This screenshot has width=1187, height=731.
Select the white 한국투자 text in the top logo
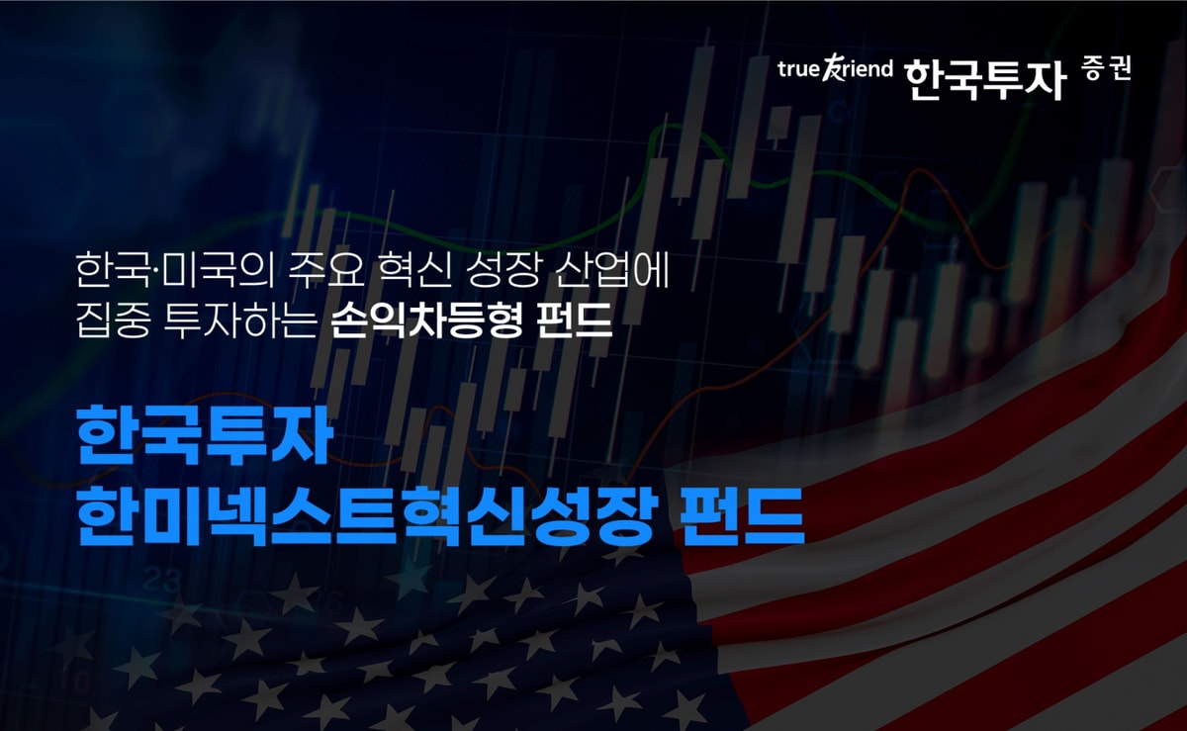(x=984, y=76)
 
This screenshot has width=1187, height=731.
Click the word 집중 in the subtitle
(x=108, y=322)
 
